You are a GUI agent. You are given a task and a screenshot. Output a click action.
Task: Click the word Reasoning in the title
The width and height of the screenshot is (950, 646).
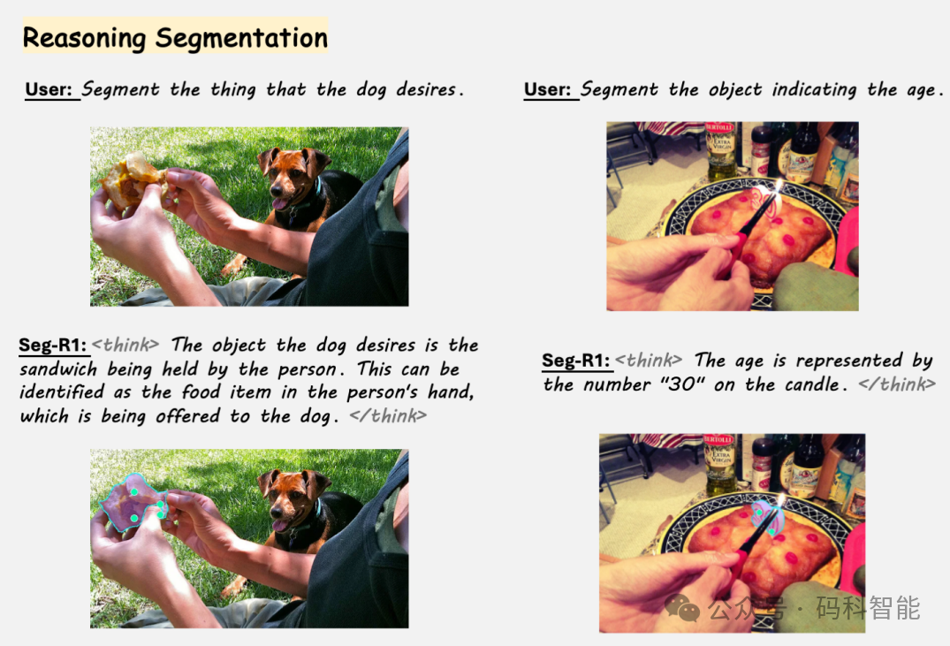[84, 38]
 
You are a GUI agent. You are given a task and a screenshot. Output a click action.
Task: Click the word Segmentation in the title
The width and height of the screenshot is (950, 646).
[242, 38]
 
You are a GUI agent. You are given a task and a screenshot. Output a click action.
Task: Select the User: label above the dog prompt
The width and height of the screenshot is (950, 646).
[49, 89]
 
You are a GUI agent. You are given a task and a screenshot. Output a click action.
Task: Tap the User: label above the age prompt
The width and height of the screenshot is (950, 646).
[547, 89]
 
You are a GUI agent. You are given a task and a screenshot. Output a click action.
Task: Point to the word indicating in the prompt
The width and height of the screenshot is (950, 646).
[814, 90]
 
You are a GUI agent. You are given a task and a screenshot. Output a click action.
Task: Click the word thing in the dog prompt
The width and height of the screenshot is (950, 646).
[233, 90]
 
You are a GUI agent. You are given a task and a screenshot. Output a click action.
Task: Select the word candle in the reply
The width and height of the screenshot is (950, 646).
[808, 384]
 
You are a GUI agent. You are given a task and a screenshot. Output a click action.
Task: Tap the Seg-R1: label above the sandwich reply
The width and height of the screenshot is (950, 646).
[53, 345]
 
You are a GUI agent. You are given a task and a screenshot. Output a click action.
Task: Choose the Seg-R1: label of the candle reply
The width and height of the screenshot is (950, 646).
[576, 361]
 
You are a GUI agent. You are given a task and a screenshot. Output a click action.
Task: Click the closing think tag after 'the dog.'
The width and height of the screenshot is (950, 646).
[388, 415]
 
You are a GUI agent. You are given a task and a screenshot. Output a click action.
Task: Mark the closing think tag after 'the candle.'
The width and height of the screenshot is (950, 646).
[897, 384]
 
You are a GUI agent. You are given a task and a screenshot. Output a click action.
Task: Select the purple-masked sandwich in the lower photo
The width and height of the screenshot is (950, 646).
[132, 503]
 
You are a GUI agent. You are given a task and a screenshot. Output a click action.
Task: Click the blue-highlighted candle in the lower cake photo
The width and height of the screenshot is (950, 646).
[768, 519]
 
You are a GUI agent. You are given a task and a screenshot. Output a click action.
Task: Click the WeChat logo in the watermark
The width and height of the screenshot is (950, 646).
[682, 606]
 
